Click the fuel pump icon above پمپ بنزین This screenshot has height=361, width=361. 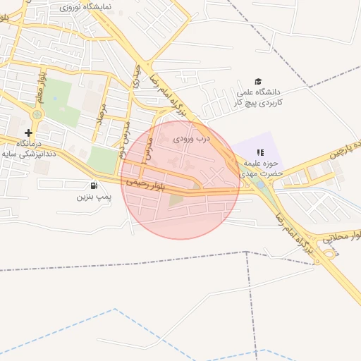(x=94, y=185)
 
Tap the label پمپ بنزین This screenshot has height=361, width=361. (x=94, y=197)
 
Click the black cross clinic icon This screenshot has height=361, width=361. (x=28, y=133)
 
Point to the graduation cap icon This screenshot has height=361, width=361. (x=258, y=82)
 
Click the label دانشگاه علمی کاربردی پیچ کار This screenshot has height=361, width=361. (x=258, y=97)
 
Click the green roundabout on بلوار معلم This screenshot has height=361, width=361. (x=36, y=114)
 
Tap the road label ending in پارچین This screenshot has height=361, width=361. (x=338, y=148)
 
